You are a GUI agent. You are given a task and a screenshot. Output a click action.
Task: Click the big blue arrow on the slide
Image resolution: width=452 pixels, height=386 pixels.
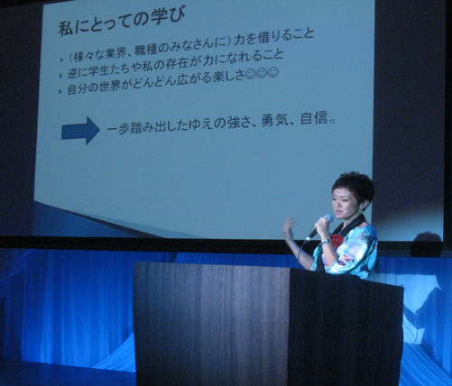[x=80, y=131]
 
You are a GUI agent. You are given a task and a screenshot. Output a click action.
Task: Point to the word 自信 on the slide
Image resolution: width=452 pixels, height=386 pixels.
[x=314, y=119]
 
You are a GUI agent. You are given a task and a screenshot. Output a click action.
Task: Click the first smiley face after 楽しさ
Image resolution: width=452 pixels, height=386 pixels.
[x=250, y=75]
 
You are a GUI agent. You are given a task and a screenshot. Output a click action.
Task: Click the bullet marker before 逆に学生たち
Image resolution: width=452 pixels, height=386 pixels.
[x=61, y=76]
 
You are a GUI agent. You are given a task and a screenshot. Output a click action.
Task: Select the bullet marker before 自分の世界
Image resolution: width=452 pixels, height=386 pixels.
[x=60, y=91]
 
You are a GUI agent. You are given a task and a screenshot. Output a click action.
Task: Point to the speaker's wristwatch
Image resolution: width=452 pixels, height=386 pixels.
[x=326, y=241]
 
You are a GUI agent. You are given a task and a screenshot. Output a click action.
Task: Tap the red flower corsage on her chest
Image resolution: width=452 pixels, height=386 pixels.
[x=337, y=240]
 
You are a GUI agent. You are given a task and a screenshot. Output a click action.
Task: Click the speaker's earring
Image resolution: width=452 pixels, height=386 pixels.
[x=362, y=211]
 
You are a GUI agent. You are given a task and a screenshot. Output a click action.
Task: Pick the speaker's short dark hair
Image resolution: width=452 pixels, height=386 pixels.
[x=355, y=186]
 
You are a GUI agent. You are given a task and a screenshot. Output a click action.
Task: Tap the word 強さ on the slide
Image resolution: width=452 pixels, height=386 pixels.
[x=238, y=123]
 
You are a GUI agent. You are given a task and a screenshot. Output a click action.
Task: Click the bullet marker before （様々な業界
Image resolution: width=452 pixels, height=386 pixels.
[x=61, y=60]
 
